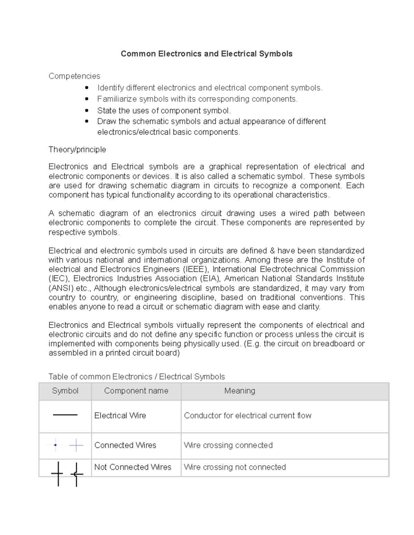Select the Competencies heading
[74, 76]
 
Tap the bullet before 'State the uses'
[87, 111]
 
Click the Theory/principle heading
[77, 150]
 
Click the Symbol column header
[65, 391]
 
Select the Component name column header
[136, 391]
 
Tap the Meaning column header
[239, 391]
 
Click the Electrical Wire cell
[120, 416]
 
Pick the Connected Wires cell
[125, 445]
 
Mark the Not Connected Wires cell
[133, 467]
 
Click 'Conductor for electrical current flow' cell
[247, 416]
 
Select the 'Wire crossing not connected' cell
[235, 467]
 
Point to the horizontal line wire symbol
[65, 415]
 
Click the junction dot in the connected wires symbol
[55, 445]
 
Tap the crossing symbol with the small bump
[76, 474]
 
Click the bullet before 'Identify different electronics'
[87, 88]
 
